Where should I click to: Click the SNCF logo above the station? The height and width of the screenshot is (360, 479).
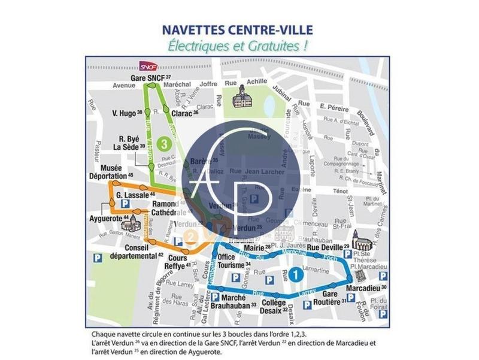click(x=147, y=66)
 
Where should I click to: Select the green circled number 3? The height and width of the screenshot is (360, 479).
click(x=163, y=143)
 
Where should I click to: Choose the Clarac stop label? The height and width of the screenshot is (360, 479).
click(x=181, y=113)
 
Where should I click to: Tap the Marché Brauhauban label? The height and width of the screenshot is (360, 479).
click(x=234, y=301)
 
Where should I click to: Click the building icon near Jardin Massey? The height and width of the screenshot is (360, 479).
click(x=242, y=96)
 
